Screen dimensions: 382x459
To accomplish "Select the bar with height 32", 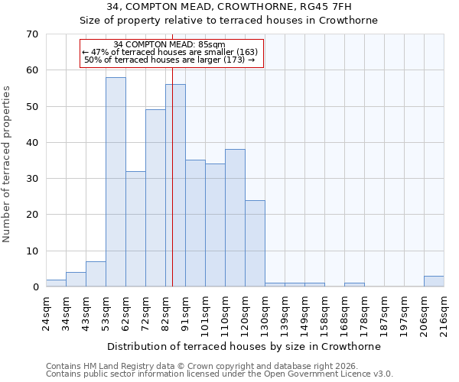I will (x=135, y=229).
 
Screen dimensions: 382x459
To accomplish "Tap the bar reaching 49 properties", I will (x=155, y=199).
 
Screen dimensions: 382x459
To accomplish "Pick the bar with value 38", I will (x=235, y=219).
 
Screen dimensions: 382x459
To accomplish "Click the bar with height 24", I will (x=255, y=244).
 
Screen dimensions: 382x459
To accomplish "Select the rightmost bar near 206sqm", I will (x=434, y=281).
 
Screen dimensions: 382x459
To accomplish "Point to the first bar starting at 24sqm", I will (x=56, y=283).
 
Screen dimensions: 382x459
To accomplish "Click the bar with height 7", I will (x=96, y=274).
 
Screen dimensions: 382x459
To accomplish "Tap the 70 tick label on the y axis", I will (x=31, y=34).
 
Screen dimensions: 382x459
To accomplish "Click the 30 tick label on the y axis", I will (x=31, y=179).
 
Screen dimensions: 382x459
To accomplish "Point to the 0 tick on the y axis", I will (x=34, y=287).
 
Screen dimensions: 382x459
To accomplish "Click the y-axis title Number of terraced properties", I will (x=8, y=163).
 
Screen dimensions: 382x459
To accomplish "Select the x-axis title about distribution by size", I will (x=244, y=346).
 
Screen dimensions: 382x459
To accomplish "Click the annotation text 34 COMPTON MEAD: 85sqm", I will (x=169, y=45).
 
